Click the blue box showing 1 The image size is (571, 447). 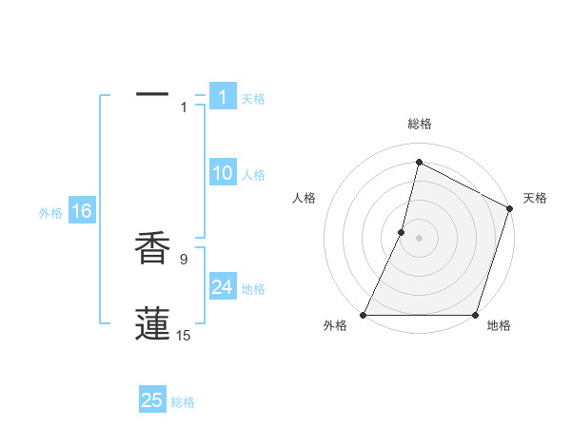point(223,97)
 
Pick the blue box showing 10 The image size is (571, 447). point(223,173)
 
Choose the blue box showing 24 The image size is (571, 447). point(223,287)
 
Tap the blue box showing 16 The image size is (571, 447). point(81,211)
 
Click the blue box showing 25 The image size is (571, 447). point(152,400)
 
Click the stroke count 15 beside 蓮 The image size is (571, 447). point(184,335)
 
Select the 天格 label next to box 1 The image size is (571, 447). point(253,99)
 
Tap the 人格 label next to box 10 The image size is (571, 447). point(253,175)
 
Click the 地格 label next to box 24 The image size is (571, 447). point(253,289)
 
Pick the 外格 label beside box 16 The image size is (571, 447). point(50,213)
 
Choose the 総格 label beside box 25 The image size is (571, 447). point(183,402)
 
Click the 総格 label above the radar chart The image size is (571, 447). point(419,124)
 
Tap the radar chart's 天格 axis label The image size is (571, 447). point(535,198)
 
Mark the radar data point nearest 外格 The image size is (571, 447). point(364,315)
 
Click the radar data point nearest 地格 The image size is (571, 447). point(475,315)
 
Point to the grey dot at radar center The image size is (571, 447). point(419,238)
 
